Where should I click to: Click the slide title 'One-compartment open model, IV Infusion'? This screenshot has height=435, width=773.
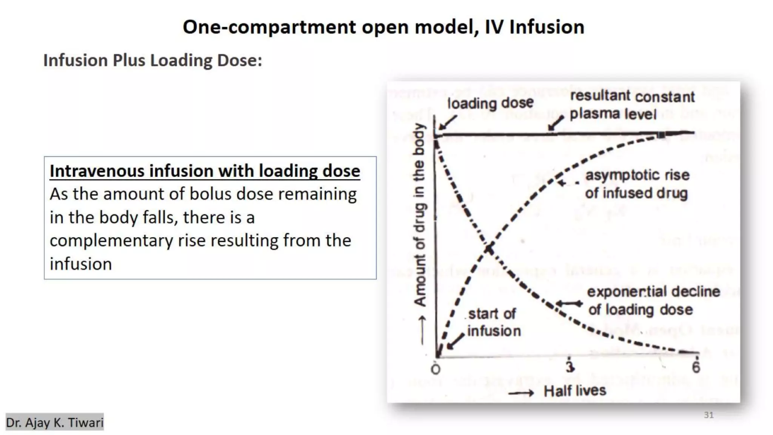383,27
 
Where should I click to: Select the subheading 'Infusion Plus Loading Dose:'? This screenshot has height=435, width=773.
152,60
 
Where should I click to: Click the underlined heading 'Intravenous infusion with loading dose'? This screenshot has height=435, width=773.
205,171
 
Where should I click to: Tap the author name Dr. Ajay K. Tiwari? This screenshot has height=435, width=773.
55,422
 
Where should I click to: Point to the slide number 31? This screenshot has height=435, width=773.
708,415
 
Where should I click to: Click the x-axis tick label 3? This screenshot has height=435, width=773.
570,366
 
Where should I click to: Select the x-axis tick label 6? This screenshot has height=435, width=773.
696,367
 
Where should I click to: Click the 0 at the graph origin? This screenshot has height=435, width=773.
436,369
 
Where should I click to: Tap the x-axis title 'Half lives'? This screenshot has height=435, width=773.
574,390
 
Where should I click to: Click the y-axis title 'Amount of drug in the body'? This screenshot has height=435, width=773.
420,214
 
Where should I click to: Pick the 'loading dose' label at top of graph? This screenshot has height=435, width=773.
490,103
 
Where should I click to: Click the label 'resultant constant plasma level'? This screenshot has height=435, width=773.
631,105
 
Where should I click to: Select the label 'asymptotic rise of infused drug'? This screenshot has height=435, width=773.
637,184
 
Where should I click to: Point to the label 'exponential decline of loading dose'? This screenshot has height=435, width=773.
653,301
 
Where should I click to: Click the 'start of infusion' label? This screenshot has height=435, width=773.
493,322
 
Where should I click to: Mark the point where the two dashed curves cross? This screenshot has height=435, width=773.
489,249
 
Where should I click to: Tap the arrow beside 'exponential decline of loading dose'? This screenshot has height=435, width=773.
570,303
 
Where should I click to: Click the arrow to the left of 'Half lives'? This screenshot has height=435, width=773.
521,393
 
